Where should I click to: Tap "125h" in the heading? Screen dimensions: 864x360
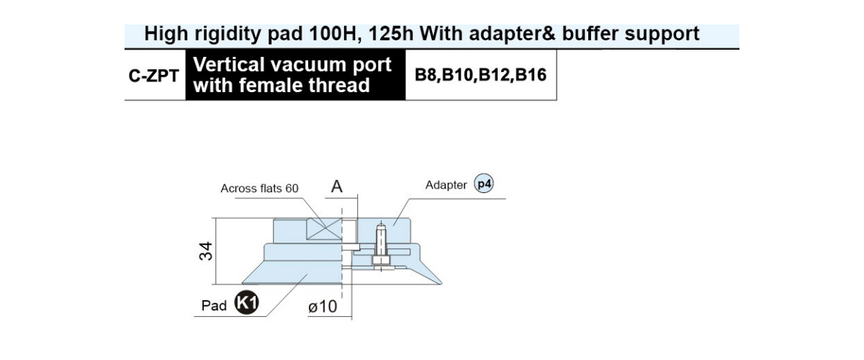click(391, 34)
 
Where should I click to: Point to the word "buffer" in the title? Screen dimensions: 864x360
click(590, 34)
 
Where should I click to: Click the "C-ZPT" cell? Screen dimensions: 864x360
click(153, 76)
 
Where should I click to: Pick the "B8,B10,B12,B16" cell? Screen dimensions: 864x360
click(480, 75)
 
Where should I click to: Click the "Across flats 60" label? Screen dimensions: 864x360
click(259, 189)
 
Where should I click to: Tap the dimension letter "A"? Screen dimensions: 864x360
click(337, 186)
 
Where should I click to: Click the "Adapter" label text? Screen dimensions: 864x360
click(446, 185)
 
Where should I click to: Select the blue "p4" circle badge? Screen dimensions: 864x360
click(484, 184)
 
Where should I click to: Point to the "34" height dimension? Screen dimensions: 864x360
click(206, 251)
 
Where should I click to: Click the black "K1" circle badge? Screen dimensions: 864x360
click(246, 302)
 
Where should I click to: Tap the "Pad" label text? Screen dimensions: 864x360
click(214, 306)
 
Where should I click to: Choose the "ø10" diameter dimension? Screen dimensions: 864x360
click(323, 307)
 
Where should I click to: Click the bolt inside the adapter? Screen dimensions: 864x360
click(381, 246)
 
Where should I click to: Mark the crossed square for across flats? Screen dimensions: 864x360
click(324, 229)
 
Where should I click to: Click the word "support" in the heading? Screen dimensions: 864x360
click(662, 35)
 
